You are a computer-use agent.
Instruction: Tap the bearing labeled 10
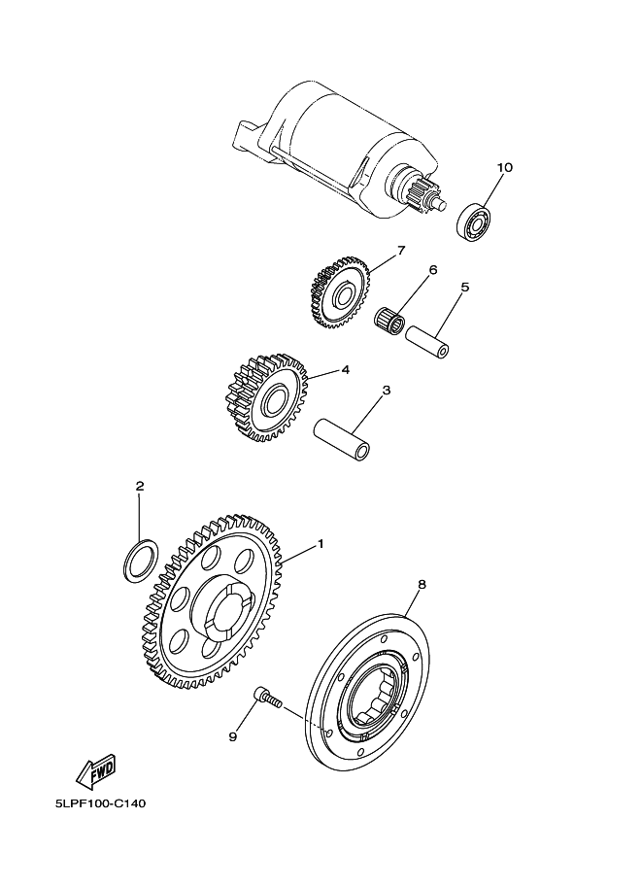click(475, 221)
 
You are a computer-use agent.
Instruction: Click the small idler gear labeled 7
click(340, 290)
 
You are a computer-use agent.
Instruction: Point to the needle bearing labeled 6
click(390, 318)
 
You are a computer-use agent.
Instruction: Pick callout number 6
click(433, 269)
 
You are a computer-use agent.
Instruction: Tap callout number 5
click(465, 288)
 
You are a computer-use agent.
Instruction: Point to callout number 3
click(386, 391)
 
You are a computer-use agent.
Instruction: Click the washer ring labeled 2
click(140, 561)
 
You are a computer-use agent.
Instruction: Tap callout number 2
click(140, 486)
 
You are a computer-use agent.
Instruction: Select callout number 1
click(320, 544)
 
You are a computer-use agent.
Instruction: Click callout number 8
click(422, 585)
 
